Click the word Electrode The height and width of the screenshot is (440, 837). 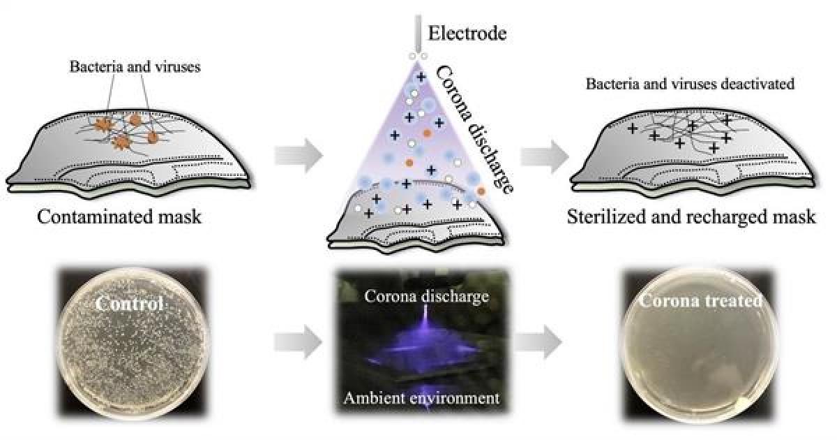pyautogui.click(x=467, y=34)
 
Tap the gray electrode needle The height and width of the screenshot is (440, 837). pyautogui.click(x=418, y=34)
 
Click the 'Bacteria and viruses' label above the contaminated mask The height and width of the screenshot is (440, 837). pyautogui.click(x=135, y=66)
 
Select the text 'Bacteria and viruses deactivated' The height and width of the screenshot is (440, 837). pyautogui.click(x=690, y=83)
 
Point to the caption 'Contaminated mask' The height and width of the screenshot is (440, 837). pyautogui.click(x=119, y=217)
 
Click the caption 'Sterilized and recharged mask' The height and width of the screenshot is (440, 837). pyautogui.click(x=691, y=217)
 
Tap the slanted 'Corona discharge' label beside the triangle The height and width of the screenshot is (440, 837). pyautogui.click(x=474, y=130)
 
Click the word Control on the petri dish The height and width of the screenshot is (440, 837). pyautogui.click(x=129, y=303)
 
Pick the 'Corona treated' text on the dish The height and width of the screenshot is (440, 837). pyautogui.click(x=700, y=301)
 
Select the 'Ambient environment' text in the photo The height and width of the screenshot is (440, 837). pyautogui.click(x=421, y=397)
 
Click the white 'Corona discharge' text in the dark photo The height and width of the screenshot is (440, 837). pyautogui.click(x=426, y=296)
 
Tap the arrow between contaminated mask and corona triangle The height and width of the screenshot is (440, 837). pyautogui.click(x=299, y=155)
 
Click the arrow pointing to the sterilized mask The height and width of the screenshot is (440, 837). pyautogui.click(x=545, y=156)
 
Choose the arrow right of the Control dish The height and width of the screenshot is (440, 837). pyautogui.click(x=299, y=342)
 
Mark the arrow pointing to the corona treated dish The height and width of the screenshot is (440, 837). pyautogui.click(x=538, y=342)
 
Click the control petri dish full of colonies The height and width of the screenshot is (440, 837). pyautogui.click(x=133, y=342)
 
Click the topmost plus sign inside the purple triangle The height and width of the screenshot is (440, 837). pyautogui.click(x=421, y=77)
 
